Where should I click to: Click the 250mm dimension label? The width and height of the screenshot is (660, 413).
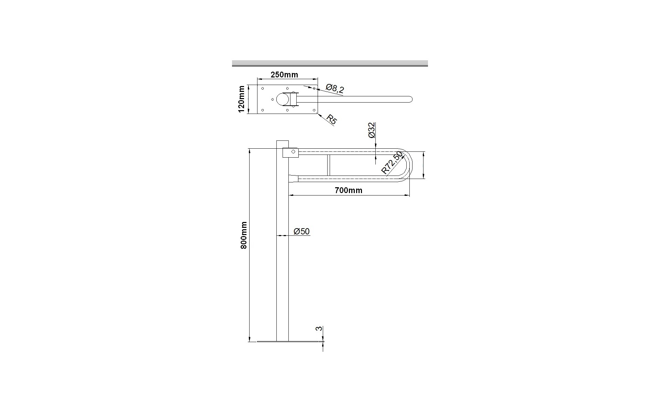point(284,75)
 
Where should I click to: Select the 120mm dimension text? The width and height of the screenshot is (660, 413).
point(242,99)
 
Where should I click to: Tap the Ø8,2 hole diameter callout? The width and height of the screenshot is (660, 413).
point(335,89)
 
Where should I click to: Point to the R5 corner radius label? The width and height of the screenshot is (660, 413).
point(332,119)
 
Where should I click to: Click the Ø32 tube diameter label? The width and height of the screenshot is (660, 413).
point(372,130)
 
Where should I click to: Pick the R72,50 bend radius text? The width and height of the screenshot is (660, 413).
point(392,162)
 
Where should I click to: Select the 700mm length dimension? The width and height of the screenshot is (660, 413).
point(349,190)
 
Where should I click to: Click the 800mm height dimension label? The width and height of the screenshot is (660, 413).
point(244,235)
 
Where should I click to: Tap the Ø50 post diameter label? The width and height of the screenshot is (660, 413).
point(302,231)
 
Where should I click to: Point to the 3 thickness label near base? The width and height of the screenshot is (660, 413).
point(319,329)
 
